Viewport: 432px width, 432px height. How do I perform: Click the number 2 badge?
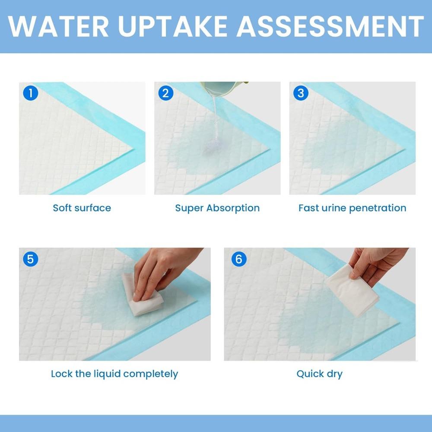(166, 93)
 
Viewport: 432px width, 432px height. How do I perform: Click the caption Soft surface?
(82, 208)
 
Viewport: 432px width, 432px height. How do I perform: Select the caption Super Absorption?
(217, 208)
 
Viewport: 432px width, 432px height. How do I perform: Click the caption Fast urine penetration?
(352, 208)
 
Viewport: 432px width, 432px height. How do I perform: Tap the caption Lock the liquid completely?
(114, 374)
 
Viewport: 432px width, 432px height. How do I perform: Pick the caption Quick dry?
(319, 374)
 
